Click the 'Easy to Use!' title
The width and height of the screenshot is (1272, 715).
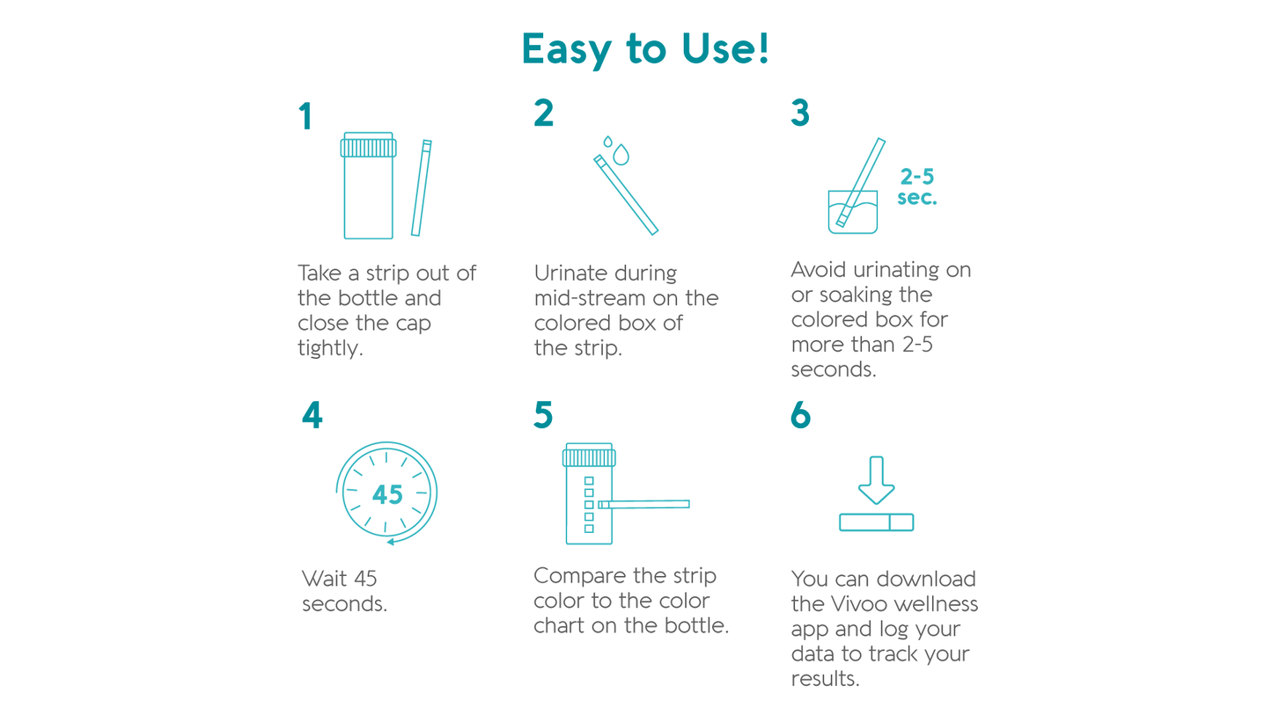[645, 48]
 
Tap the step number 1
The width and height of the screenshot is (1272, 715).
[305, 116]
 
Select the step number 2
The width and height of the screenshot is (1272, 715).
[543, 113]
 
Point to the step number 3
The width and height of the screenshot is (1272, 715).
[800, 113]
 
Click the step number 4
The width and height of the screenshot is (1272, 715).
[312, 415]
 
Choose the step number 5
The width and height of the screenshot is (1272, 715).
[543, 415]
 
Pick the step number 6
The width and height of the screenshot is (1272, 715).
[801, 415]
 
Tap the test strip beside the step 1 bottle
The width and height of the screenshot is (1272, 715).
[422, 188]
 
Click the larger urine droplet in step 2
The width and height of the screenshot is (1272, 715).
[621, 155]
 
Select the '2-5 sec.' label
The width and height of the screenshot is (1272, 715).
[917, 187]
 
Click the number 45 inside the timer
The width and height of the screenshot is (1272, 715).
[388, 495]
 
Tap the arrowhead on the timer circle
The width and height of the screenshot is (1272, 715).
[391, 542]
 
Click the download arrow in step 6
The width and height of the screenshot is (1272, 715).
[876, 480]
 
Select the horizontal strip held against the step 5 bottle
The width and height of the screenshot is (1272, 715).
[644, 505]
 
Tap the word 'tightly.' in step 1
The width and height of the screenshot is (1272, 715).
[330, 348]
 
